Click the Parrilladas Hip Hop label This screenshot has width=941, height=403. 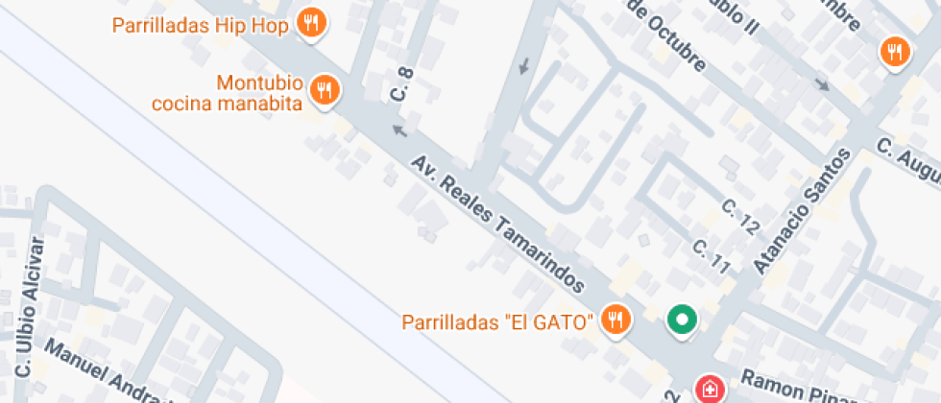pos(201,26)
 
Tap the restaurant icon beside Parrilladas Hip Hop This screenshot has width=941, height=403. pos(310,23)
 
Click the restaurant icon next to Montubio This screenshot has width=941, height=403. pos(326,91)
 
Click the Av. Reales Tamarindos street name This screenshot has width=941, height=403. pos(497,224)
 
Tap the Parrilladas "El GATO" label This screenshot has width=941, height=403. pos(497,321)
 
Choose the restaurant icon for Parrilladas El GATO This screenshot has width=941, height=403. pos(615,320)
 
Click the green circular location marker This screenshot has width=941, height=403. pos(683,320)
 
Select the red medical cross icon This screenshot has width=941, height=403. pos(709,389)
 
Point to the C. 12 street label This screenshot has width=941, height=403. pos(740,217)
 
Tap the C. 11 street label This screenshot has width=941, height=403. pos(712,256)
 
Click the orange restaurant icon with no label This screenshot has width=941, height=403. pos(895,52)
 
